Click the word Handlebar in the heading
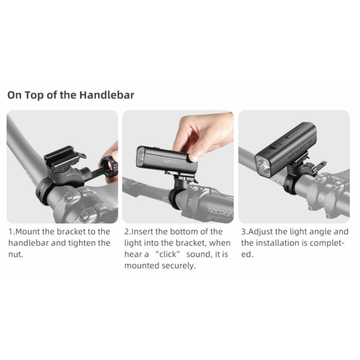107,95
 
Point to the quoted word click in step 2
168,254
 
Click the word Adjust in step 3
260,231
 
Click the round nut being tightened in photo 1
109,166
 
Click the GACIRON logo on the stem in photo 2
221,212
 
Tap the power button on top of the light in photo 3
276,147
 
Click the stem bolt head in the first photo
68,197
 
